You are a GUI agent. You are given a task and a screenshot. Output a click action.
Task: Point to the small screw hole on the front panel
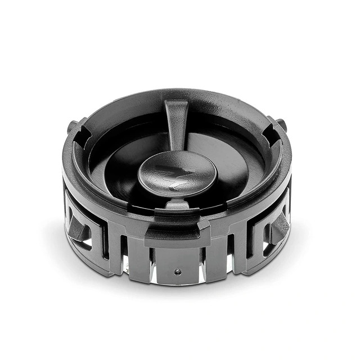coord(178,271)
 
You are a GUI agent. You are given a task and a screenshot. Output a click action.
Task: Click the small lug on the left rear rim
coord(71,127)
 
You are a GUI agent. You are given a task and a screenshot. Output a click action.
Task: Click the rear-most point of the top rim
coord(177,90)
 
